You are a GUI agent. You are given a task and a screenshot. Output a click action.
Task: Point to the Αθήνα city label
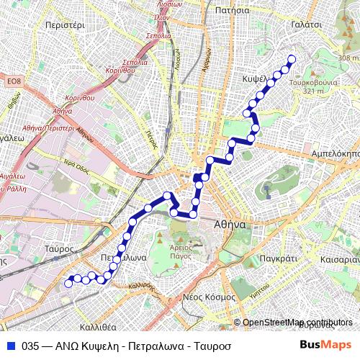[x=230, y=225]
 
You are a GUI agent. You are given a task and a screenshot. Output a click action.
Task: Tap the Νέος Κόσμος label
[x=210, y=297]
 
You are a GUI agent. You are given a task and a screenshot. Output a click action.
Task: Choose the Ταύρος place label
[x=59, y=248]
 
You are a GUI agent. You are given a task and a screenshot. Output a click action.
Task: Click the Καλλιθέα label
[x=99, y=327]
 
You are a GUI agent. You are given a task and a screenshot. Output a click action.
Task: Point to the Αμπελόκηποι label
[x=335, y=154]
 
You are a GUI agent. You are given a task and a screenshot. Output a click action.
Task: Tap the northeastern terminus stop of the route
[x=292, y=59]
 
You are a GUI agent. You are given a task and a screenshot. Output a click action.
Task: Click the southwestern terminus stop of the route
[x=68, y=284]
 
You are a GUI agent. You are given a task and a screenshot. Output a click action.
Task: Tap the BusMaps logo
[x=325, y=345]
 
